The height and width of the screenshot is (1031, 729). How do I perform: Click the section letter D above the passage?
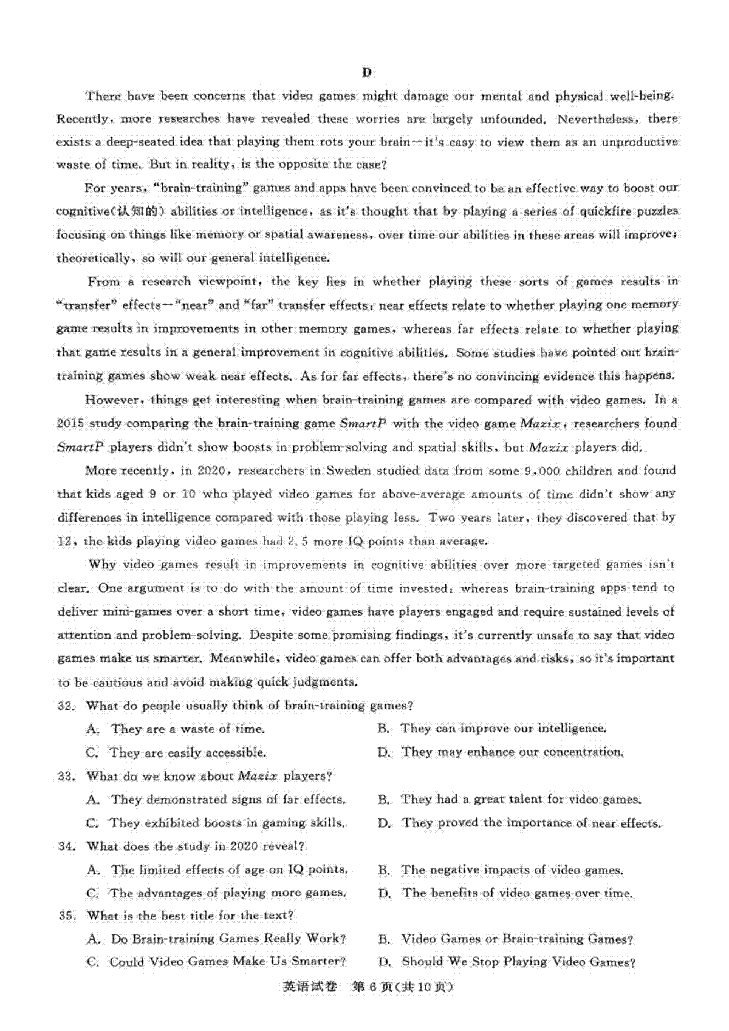(x=366, y=72)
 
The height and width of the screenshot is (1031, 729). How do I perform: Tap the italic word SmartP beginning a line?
(x=80, y=447)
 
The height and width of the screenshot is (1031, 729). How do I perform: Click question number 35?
(x=67, y=916)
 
